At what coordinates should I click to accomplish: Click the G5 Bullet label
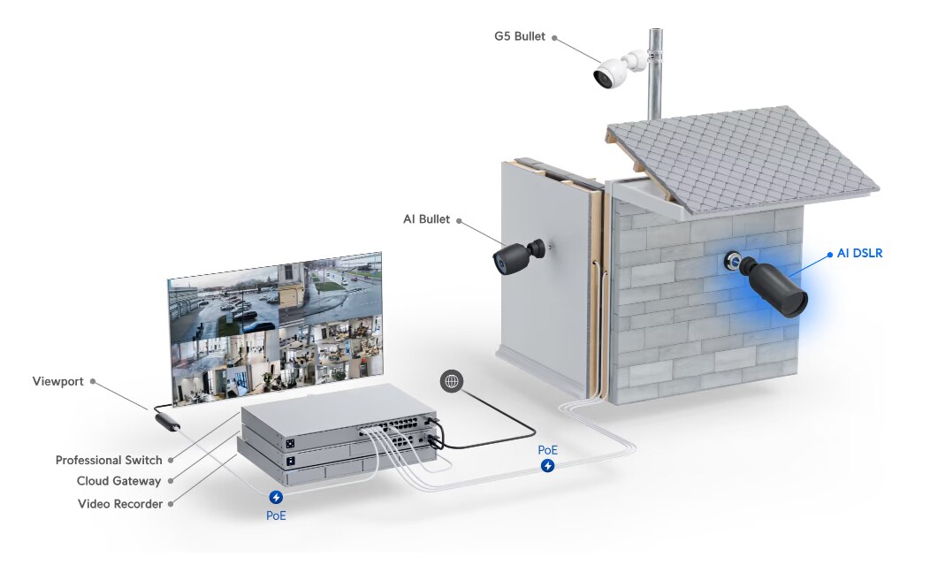coord(521,37)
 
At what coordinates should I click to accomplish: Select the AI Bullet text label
coord(428,219)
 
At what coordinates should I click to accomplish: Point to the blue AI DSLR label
coord(859,254)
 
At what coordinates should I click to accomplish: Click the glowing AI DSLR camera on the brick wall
coord(774,285)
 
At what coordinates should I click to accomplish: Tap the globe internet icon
coord(452,381)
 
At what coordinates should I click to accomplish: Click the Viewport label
coord(57,382)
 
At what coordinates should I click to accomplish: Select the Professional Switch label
coord(109,460)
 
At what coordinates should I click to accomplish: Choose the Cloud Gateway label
coord(118,481)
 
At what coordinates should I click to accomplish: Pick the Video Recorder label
coord(119,504)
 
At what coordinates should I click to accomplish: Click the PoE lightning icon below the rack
coord(276,498)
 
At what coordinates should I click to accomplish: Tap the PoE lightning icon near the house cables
coord(548,465)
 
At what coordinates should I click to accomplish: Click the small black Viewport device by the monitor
coord(167,420)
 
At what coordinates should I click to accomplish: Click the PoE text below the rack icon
coord(276,515)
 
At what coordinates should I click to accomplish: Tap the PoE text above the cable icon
coord(548,449)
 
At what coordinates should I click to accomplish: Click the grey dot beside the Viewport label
coord(93,382)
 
